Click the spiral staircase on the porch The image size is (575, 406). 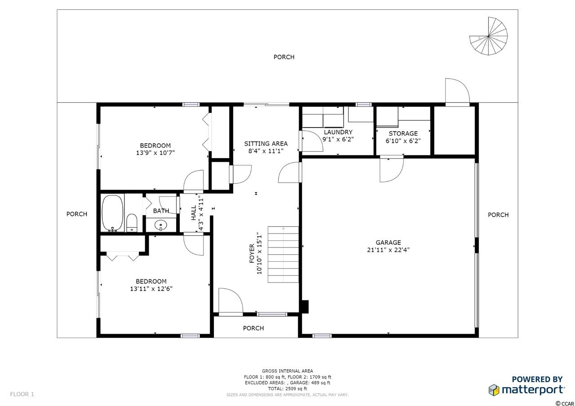pyautogui.click(x=488, y=36)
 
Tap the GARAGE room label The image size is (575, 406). pyautogui.click(x=388, y=243)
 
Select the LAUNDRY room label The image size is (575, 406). pyautogui.click(x=338, y=132)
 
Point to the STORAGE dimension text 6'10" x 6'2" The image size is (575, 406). pyautogui.click(x=403, y=141)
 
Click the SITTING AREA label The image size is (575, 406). pyautogui.click(x=265, y=144)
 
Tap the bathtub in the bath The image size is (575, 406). pyautogui.click(x=112, y=213)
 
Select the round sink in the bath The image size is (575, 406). pyautogui.click(x=161, y=225)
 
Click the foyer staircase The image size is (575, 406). pyautogui.click(x=283, y=254)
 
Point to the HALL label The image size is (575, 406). pyautogui.click(x=194, y=213)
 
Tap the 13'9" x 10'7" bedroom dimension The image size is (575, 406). pyautogui.click(x=155, y=153)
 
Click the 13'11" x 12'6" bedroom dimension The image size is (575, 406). pyautogui.click(x=151, y=289)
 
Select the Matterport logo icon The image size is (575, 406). pyautogui.click(x=494, y=390)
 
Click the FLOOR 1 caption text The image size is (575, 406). pyautogui.click(x=22, y=394)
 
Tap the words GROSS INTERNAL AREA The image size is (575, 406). pyautogui.click(x=287, y=371)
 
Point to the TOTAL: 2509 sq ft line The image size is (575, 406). pyautogui.click(x=287, y=388)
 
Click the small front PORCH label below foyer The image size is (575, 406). pyautogui.click(x=253, y=328)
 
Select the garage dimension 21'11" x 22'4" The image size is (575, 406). pyautogui.click(x=388, y=250)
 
